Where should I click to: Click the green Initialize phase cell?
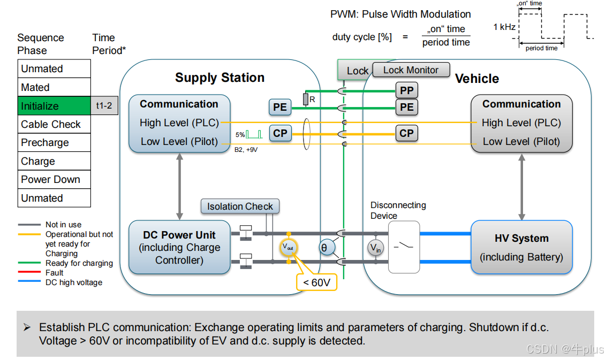(x=54, y=106)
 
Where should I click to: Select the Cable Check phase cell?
(x=54, y=125)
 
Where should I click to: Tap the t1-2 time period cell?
(x=104, y=106)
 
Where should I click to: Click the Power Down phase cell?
(x=54, y=180)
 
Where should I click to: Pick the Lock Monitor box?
(x=411, y=70)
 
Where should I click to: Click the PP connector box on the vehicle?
(x=406, y=90)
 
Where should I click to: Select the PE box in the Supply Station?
(x=280, y=108)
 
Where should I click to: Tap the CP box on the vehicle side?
(x=406, y=133)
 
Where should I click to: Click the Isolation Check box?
(x=240, y=206)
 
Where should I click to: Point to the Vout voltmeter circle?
(x=289, y=247)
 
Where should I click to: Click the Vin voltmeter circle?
(x=376, y=248)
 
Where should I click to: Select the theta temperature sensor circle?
(x=324, y=248)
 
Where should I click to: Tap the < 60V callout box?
(x=317, y=282)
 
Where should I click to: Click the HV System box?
(x=521, y=247)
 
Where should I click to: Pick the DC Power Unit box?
(x=179, y=247)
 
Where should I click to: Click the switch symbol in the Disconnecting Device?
(x=404, y=246)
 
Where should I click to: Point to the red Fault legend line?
(x=29, y=272)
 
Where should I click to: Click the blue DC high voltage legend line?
(x=29, y=281)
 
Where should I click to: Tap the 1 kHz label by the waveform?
(x=504, y=27)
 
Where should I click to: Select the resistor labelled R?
(x=306, y=99)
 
